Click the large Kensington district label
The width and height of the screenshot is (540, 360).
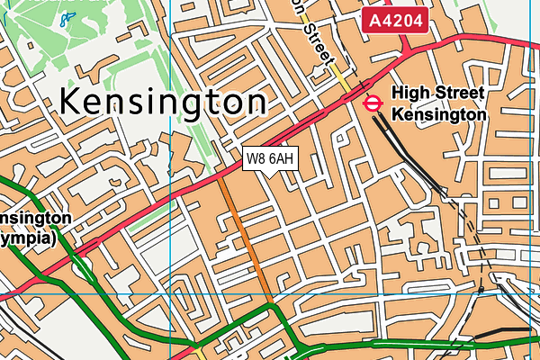pos(163,102)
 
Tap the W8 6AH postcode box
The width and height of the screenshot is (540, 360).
pos(270,159)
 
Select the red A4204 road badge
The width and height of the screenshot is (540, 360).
pos(395,20)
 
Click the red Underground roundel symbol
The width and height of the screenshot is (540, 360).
pos(371,103)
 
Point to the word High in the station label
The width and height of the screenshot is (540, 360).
pos(413,94)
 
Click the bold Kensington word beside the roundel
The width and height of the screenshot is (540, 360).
pos(438,115)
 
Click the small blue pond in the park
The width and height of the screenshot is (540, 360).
pos(63,18)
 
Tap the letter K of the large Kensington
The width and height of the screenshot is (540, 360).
pos(72,102)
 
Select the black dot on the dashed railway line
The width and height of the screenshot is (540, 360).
pos(481,291)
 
